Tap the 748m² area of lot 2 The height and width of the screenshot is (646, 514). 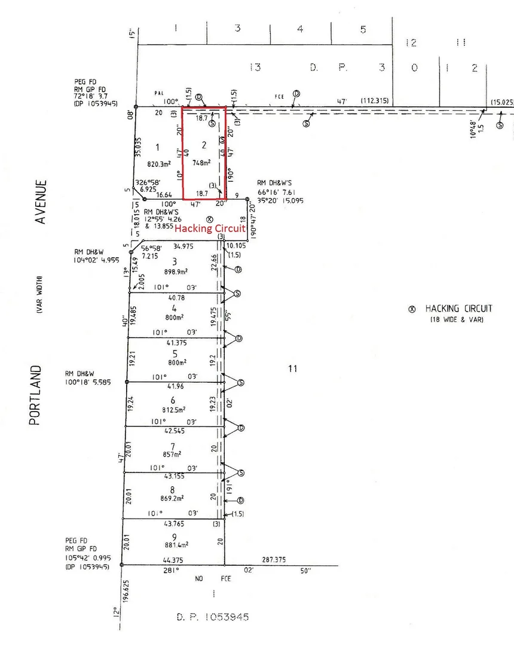tap(203, 162)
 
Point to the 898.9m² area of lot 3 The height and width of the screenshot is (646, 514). tap(175, 271)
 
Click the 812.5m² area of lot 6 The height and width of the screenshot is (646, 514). tap(173, 409)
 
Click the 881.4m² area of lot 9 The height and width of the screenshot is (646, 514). tap(174, 544)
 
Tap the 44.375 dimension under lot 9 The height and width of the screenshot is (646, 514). tap(172, 560)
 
